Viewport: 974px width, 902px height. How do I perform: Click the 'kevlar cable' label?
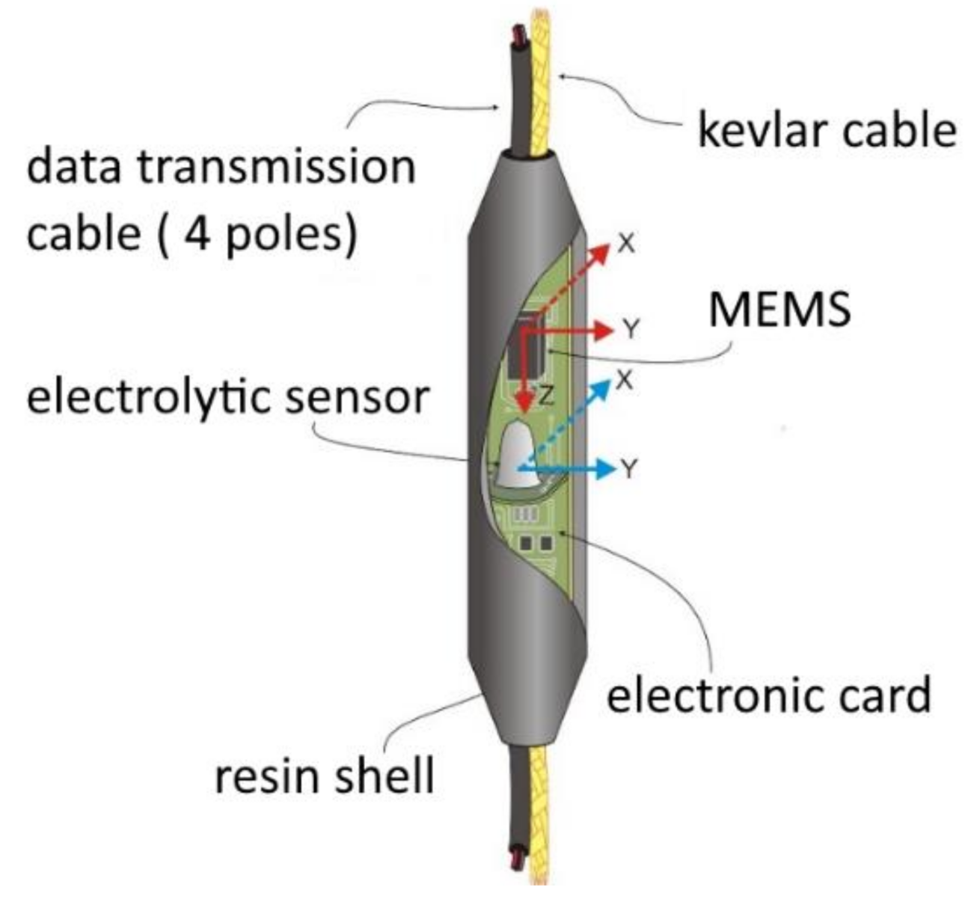pyautogui.click(x=827, y=129)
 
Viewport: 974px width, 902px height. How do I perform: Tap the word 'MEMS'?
pyautogui.click(x=779, y=308)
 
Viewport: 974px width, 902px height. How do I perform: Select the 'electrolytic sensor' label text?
pyautogui.click(x=228, y=396)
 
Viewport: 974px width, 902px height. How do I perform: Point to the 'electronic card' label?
pyautogui.click(x=768, y=695)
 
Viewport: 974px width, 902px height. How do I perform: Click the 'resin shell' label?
pyautogui.click(x=324, y=776)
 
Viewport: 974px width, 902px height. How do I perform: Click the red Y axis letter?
pyautogui.click(x=631, y=329)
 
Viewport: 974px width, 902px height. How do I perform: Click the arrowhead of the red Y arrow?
pyautogui.click(x=604, y=330)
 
